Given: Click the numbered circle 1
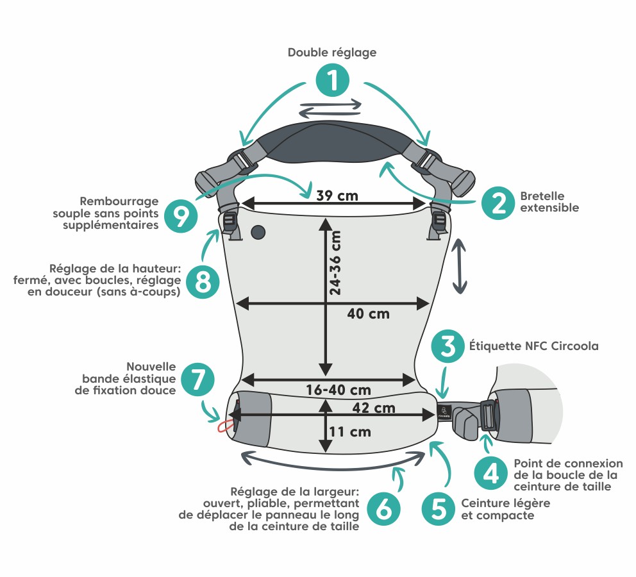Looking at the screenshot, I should (332, 81).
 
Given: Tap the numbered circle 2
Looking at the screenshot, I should (498, 203).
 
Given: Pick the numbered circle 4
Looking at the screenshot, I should (491, 474).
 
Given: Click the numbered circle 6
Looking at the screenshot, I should (384, 509).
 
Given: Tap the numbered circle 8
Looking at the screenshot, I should (203, 281).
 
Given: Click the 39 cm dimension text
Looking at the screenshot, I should (337, 196).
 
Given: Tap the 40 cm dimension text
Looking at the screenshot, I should (368, 314).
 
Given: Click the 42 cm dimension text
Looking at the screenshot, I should (372, 407).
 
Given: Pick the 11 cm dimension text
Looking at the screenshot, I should (350, 431).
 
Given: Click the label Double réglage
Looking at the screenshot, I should (331, 53).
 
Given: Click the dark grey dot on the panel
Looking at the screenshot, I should (258, 231).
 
